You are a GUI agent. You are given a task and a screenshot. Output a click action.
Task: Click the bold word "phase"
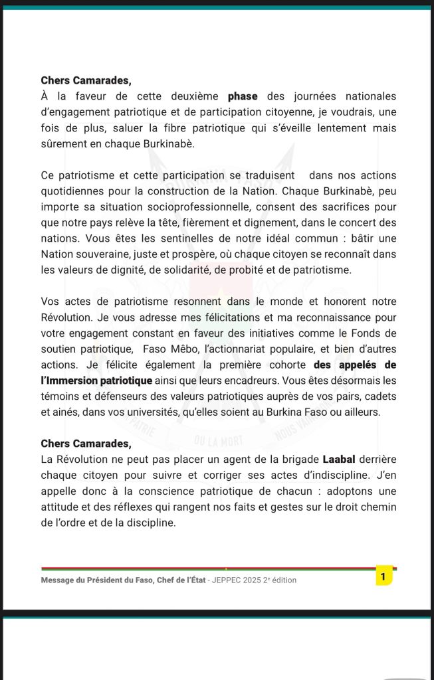coord(243,96)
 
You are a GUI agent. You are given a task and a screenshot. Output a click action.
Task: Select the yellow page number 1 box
coord(383,576)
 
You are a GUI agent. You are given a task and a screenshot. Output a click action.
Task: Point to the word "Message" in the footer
coord(58,580)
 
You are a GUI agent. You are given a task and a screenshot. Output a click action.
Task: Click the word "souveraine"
coord(107,254)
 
